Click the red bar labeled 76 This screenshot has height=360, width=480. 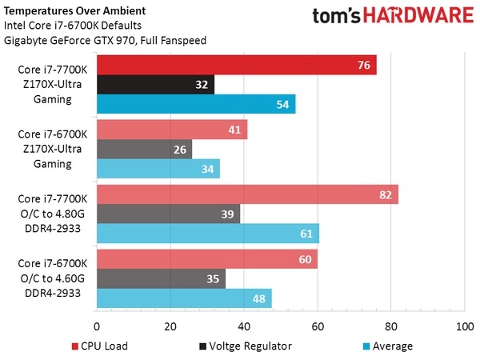coord(236,65)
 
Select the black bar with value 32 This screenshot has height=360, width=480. coord(155,84)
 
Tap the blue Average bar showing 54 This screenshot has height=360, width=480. coord(196,104)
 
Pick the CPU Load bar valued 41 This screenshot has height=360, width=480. coord(172,130)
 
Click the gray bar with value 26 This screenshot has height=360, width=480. coord(144,149)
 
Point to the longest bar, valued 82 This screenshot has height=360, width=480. coord(247,194)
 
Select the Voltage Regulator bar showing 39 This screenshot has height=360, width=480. coord(168,214)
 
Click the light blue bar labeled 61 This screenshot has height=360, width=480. coord(208,233)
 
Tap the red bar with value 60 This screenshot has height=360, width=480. coord(206,259)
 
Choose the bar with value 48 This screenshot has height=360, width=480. coord(184,298)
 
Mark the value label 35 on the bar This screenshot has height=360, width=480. coord(212,278)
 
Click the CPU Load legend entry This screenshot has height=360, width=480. coord(100,346)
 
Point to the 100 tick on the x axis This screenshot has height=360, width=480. coord(464,326)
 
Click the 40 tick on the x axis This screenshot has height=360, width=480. coord(244,326)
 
